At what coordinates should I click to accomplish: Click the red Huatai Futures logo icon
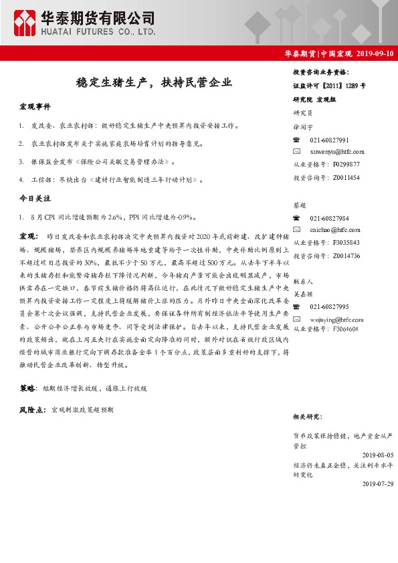[27, 23]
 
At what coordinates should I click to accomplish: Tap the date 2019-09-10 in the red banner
[375, 53]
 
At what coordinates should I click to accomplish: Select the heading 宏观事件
[35, 107]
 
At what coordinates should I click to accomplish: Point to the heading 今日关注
[35, 199]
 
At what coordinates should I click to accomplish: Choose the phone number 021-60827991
[329, 140]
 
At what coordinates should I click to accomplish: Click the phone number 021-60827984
[329, 219]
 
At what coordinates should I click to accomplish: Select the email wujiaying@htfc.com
[338, 318]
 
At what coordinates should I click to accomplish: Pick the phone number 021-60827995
[329, 307]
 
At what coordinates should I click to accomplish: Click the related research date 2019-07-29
[375, 484]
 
